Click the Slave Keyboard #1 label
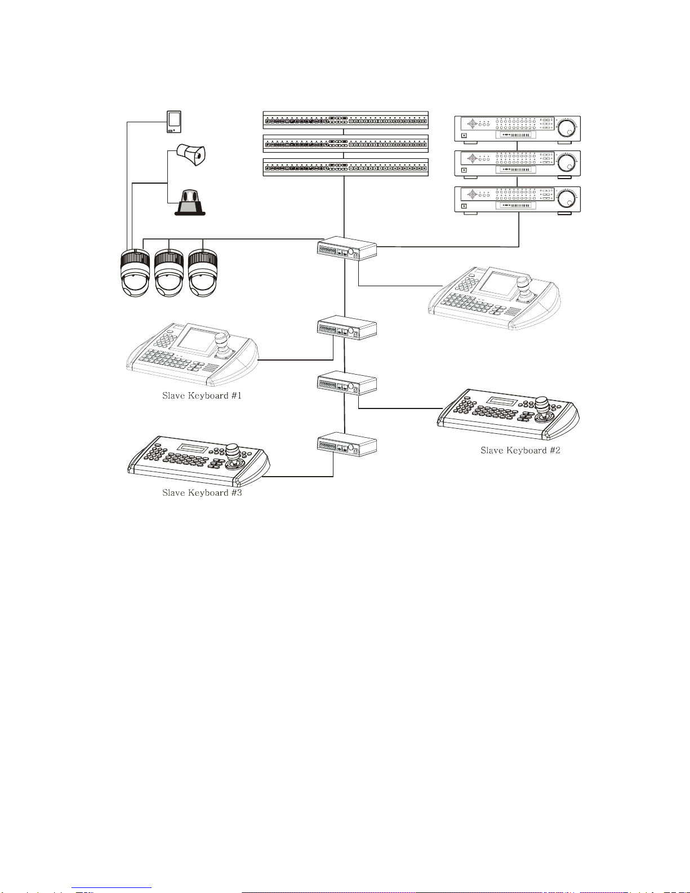202,396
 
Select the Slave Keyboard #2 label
520,450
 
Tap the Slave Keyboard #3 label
202,492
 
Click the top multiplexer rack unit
345,120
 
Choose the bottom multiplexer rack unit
345,167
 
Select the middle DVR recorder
517,164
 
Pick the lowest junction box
346,445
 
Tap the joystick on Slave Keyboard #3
233,454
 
